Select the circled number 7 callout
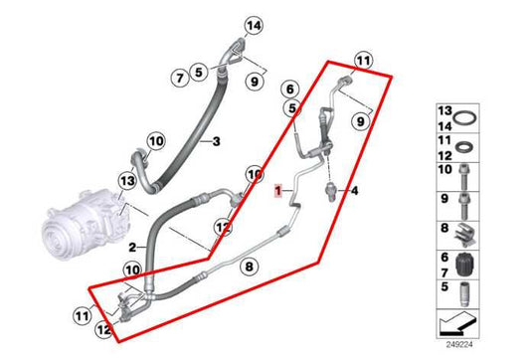(179, 77)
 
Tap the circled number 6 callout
(289, 89)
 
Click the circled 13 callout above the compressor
(126, 180)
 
